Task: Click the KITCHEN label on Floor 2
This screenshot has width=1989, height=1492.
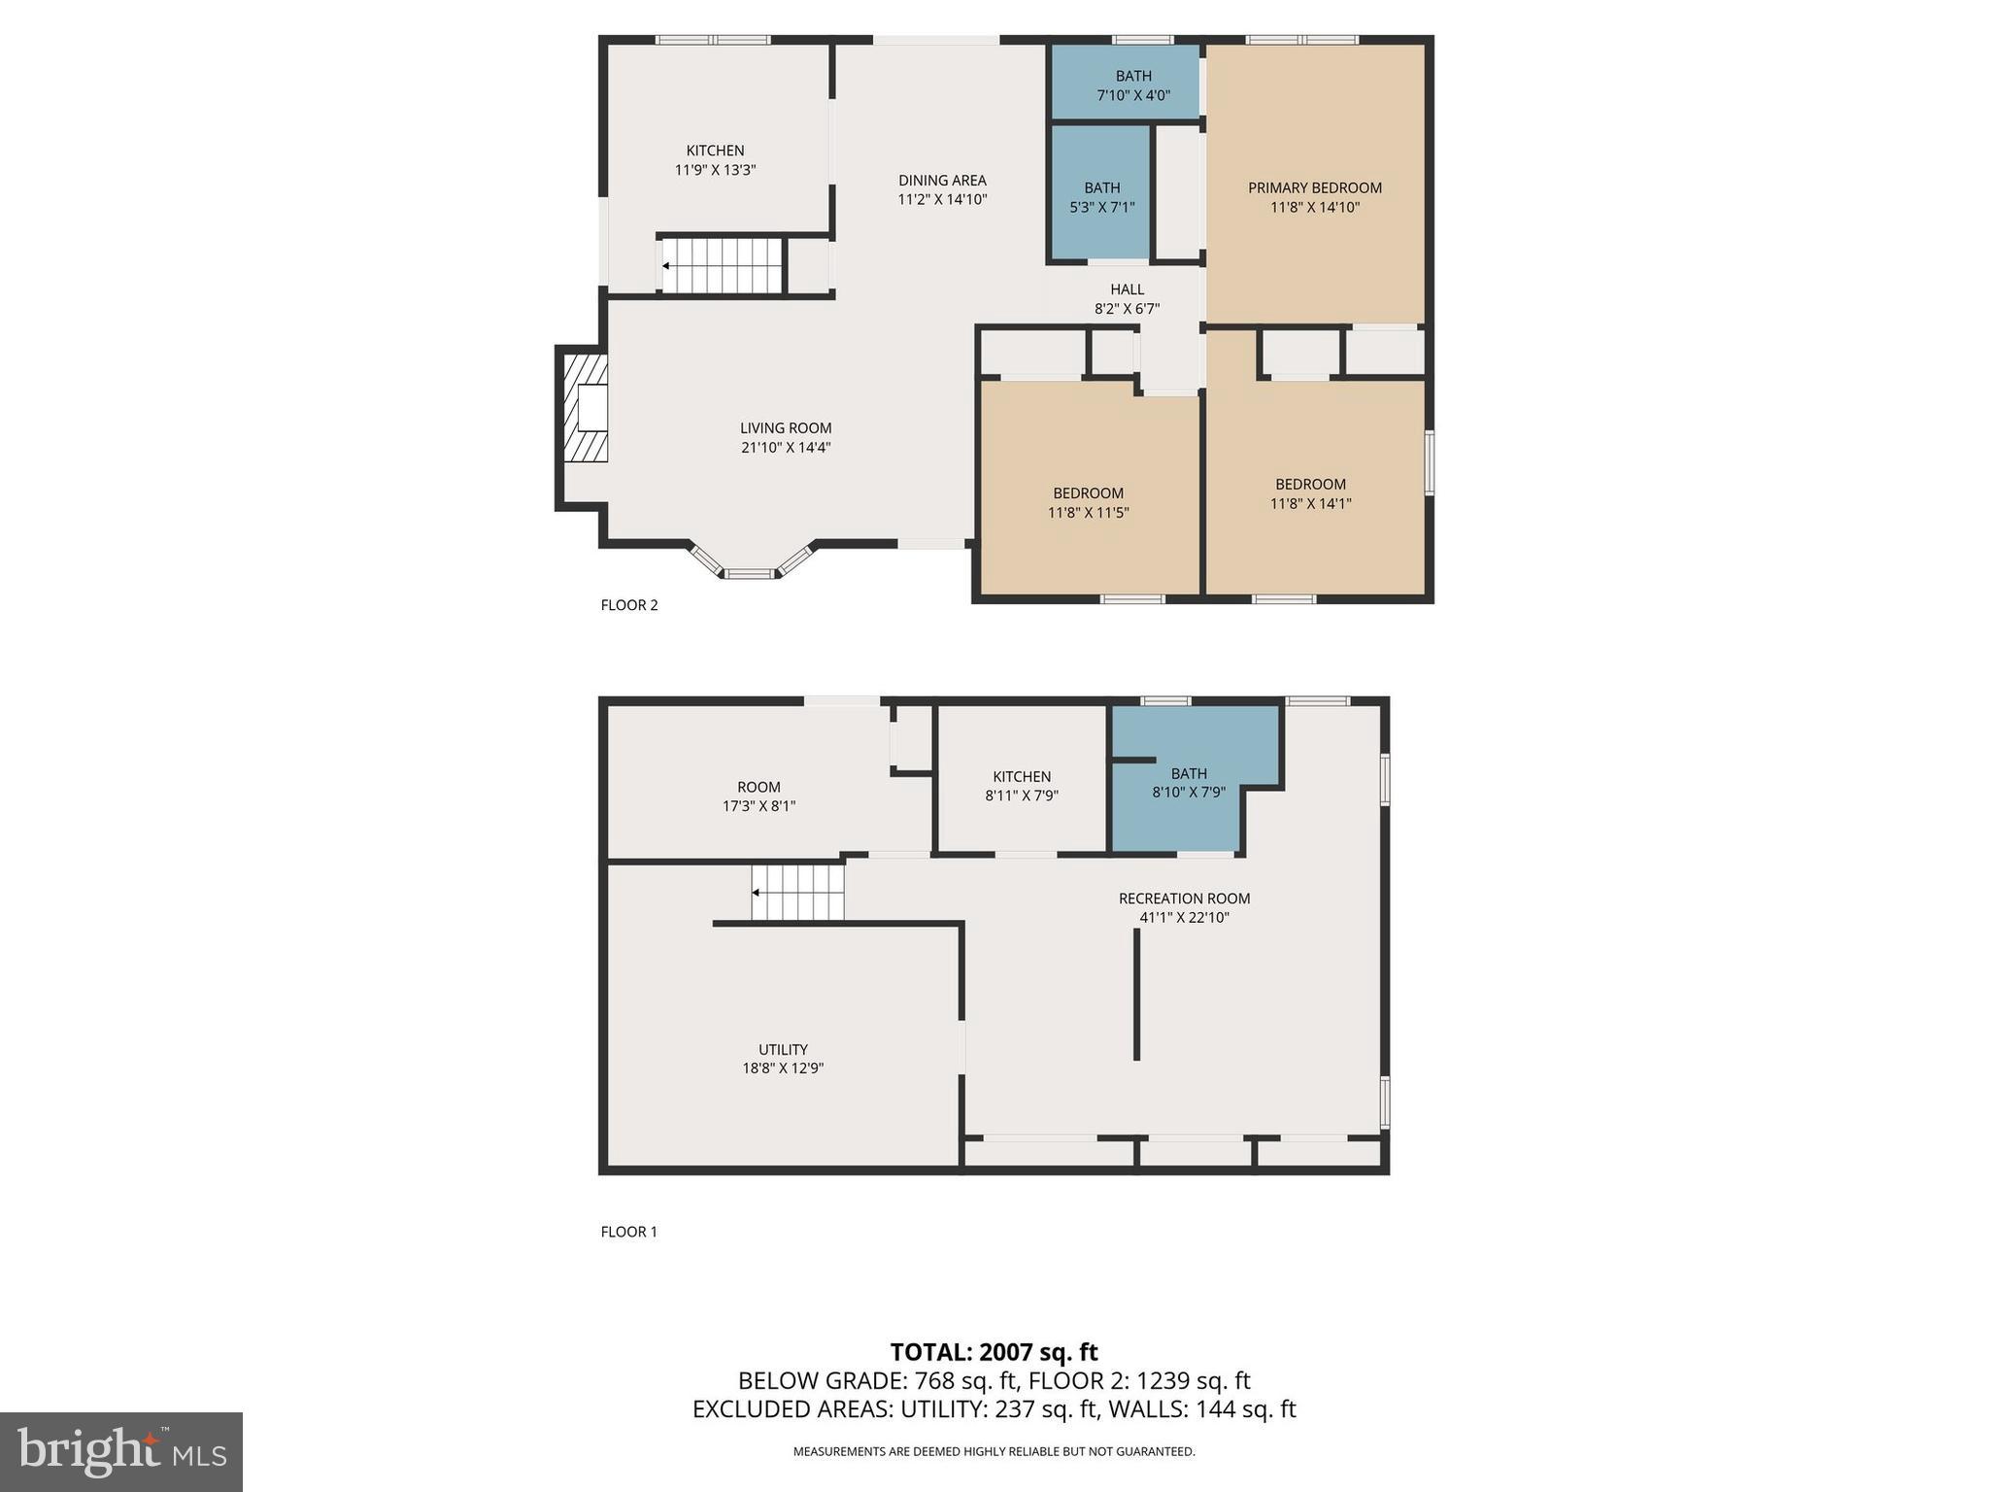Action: (715, 151)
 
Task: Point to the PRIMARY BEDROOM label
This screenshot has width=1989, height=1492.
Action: (1314, 187)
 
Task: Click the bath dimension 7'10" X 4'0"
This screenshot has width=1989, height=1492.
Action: (1132, 96)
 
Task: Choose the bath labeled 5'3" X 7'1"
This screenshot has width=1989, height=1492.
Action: (1101, 197)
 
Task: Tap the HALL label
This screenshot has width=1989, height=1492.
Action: (1127, 289)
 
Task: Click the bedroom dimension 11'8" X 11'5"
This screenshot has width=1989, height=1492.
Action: (1088, 513)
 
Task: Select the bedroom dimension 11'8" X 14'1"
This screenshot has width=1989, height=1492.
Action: (1310, 504)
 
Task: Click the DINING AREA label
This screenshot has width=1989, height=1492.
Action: (942, 181)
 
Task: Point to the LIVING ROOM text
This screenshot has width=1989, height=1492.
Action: (786, 428)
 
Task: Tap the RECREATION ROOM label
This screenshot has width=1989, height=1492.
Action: (1184, 899)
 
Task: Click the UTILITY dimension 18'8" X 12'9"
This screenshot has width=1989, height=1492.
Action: (783, 1068)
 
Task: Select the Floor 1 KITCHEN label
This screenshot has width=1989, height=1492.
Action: (1021, 776)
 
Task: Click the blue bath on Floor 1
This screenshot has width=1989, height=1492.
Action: (1189, 783)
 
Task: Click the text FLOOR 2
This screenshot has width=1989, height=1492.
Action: (629, 605)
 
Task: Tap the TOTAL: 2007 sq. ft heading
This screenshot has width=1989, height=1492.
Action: (994, 1352)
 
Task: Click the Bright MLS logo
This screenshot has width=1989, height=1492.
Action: (121, 1451)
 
